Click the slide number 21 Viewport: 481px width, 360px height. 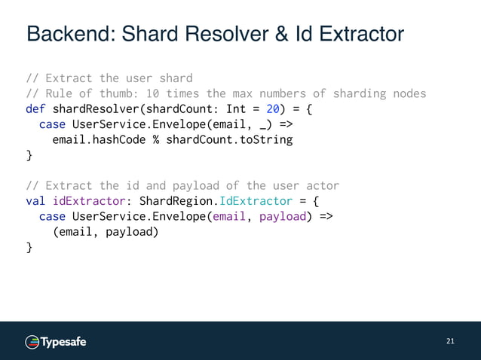coord(451,341)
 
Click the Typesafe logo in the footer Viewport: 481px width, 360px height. coord(57,342)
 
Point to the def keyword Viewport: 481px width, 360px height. coord(35,109)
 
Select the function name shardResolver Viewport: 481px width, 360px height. coord(93,109)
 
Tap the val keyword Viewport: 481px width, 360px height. coord(35,201)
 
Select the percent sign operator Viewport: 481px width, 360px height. coord(156,140)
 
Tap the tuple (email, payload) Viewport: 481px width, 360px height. coord(105,231)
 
